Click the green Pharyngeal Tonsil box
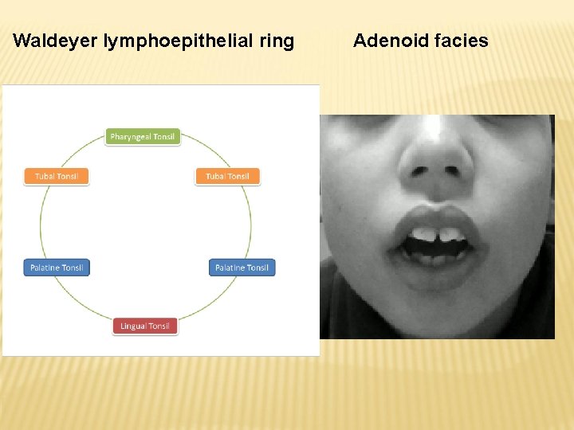coord(143,137)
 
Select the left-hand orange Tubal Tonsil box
coord(57,176)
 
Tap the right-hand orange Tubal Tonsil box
coord(228,176)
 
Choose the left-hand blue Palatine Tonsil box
coord(57,268)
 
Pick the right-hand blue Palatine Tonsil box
coord(242,268)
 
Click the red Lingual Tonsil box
coord(145,326)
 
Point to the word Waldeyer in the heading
coord(56,41)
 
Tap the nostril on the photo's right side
coord(461,171)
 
